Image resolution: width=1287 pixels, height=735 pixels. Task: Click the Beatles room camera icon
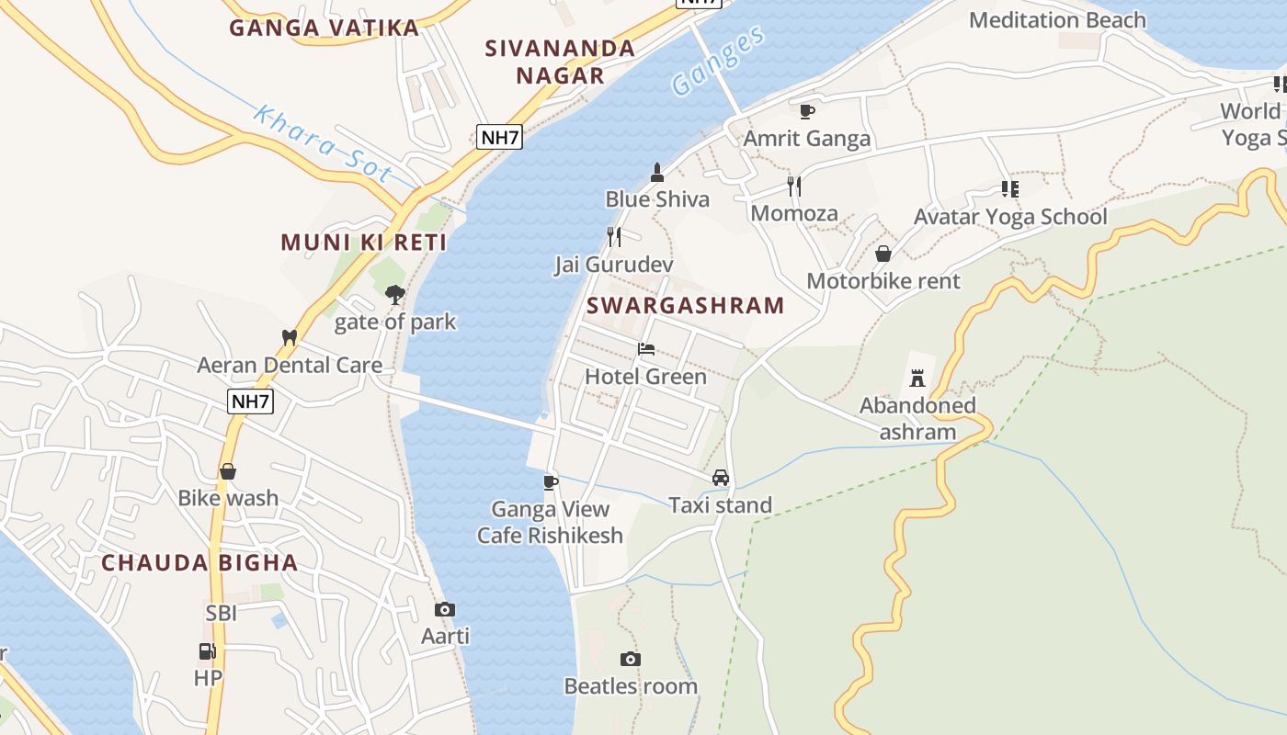(630, 659)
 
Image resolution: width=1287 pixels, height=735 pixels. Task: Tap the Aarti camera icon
(445, 609)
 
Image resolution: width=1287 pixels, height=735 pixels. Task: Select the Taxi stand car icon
(721, 478)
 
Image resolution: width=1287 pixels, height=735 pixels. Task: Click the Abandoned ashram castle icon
(917, 378)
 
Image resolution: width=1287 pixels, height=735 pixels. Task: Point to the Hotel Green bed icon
(646, 349)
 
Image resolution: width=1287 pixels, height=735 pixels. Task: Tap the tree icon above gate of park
(395, 295)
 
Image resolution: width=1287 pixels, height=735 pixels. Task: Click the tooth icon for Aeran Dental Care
(290, 337)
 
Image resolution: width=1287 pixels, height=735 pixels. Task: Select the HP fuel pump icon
(208, 651)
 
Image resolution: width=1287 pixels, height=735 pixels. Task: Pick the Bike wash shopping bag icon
(228, 471)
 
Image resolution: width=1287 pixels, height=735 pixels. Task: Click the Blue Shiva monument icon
(657, 172)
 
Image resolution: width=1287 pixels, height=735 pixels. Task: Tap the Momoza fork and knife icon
(794, 187)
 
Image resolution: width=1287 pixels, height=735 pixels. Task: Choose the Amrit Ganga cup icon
(806, 111)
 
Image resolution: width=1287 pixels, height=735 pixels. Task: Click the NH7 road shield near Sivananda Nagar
(500, 138)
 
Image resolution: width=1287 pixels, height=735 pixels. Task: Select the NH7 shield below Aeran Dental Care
(251, 401)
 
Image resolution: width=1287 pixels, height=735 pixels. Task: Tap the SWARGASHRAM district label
(685, 305)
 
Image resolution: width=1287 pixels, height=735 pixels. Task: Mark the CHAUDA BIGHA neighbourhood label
(199, 562)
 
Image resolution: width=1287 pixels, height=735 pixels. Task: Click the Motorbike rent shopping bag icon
(883, 254)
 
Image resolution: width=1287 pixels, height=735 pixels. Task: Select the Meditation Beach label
(1057, 20)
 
